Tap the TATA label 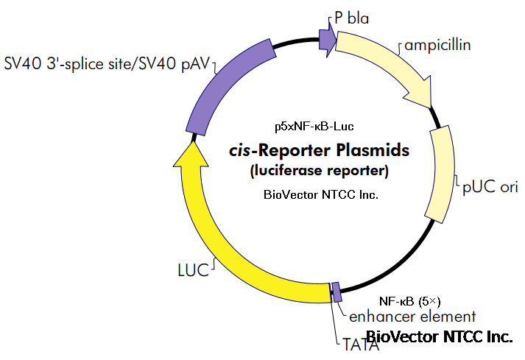tap(360, 343)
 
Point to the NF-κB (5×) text tap(409, 300)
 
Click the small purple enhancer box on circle tap(337, 292)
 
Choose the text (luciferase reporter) tap(317, 172)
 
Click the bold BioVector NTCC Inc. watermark tap(440, 337)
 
